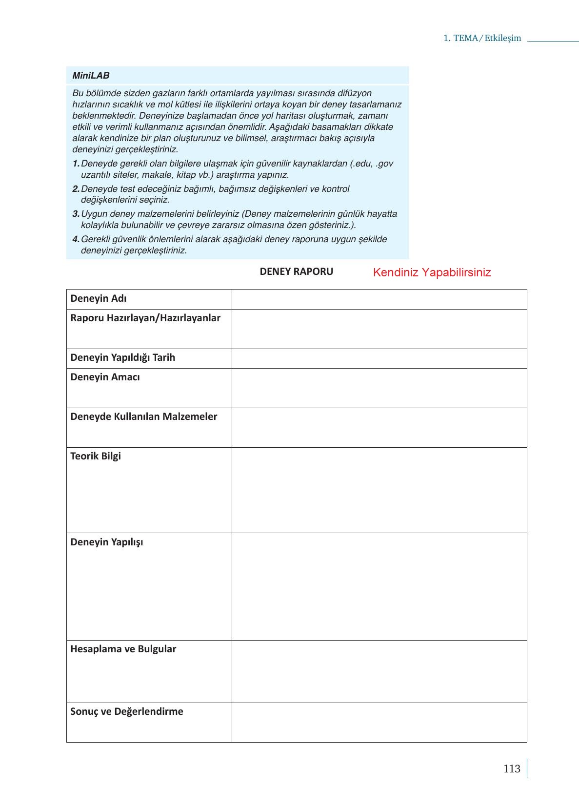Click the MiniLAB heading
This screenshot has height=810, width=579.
91,76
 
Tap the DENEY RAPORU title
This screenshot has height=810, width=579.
296,272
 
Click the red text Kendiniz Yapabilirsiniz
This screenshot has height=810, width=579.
432,273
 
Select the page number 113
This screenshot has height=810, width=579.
512,769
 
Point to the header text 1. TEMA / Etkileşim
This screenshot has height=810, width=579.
482,39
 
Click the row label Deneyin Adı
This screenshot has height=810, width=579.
99,299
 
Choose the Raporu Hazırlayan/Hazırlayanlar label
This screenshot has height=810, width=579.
145,318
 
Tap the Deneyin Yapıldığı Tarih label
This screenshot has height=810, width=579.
122,358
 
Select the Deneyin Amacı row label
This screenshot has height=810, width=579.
105,377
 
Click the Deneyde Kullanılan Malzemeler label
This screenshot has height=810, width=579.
143,417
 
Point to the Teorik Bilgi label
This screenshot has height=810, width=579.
96,457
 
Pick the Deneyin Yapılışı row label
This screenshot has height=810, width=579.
107,542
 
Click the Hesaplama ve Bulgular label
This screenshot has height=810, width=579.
123,649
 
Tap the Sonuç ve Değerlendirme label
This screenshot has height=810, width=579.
127,712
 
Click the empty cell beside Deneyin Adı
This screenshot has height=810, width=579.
379,299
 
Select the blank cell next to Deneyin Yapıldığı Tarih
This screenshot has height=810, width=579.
379,358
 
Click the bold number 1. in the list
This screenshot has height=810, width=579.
76,164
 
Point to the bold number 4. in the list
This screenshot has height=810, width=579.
76,239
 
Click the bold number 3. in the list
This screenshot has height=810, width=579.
76,214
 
